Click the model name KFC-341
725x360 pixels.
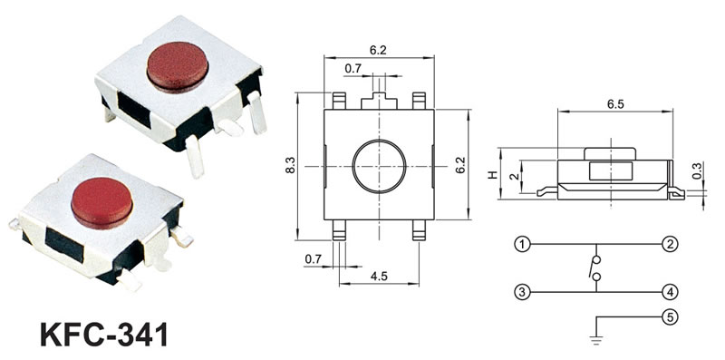103,335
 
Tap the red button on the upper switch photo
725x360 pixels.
178,67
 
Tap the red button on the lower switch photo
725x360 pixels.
101,203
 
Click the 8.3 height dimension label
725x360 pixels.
290,166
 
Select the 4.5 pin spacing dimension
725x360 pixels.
379,277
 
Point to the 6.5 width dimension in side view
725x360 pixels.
615,104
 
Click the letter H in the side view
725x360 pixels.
493,174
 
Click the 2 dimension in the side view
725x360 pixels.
512,175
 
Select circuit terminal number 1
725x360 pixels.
522,244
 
